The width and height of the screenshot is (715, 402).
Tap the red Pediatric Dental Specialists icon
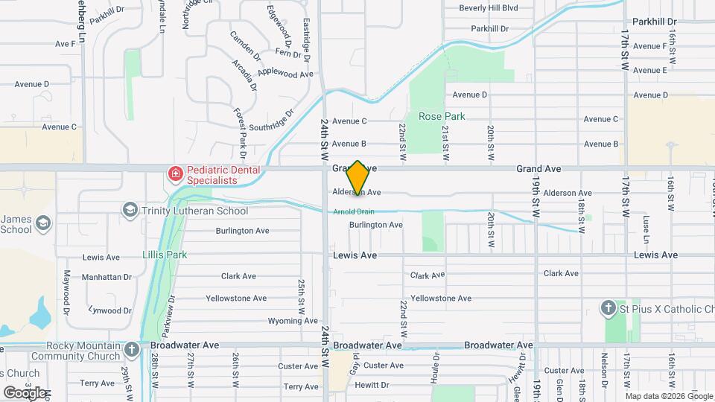pyautogui.click(x=175, y=175)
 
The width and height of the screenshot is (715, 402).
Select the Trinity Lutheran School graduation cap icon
pyautogui.click(x=131, y=211)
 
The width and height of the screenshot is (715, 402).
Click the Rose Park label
pyautogui.click(x=442, y=116)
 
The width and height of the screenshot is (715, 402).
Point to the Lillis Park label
pyautogui.click(x=165, y=255)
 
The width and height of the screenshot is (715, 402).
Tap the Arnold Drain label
pyautogui.click(x=353, y=211)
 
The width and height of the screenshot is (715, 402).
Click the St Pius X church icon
pyautogui.click(x=608, y=308)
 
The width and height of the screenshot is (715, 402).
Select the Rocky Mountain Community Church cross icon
pyautogui.click(x=132, y=349)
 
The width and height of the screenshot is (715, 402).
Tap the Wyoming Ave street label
pyautogui.click(x=272, y=321)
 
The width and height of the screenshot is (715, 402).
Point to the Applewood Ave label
pyautogui.click(x=285, y=74)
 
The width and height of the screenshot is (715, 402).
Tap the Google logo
pyautogui.click(x=25, y=392)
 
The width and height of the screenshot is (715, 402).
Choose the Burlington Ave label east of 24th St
pyautogui.click(x=375, y=224)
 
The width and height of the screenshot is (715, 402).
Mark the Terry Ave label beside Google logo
pyautogui.click(x=97, y=383)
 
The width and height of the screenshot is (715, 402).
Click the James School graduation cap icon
pyautogui.click(x=43, y=223)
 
